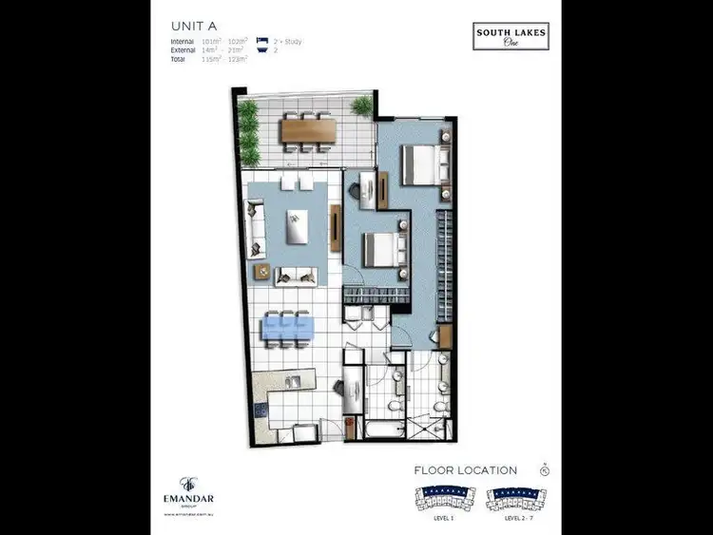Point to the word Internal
point(183,42)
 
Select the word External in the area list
point(183,50)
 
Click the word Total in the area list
point(180,59)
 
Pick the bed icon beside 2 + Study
point(262,42)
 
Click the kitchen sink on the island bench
point(294,383)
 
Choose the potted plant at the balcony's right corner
point(361,105)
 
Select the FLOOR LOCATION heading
point(466,470)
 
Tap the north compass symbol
point(545,469)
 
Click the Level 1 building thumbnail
point(445,497)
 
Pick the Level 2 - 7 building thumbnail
point(519,497)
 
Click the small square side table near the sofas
point(262,270)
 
